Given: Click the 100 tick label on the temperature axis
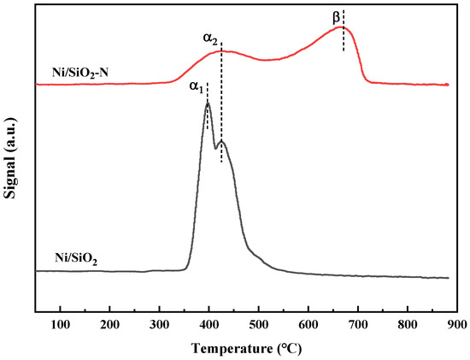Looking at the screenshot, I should (60, 326).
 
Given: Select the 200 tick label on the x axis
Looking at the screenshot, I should (109, 326).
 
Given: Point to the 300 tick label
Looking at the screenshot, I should (159, 326).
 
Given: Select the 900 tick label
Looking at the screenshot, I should (455, 326).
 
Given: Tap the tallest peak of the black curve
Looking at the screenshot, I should (207, 103).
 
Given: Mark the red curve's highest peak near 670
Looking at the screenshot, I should (342, 27).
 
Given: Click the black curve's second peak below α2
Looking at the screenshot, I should (221, 140).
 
